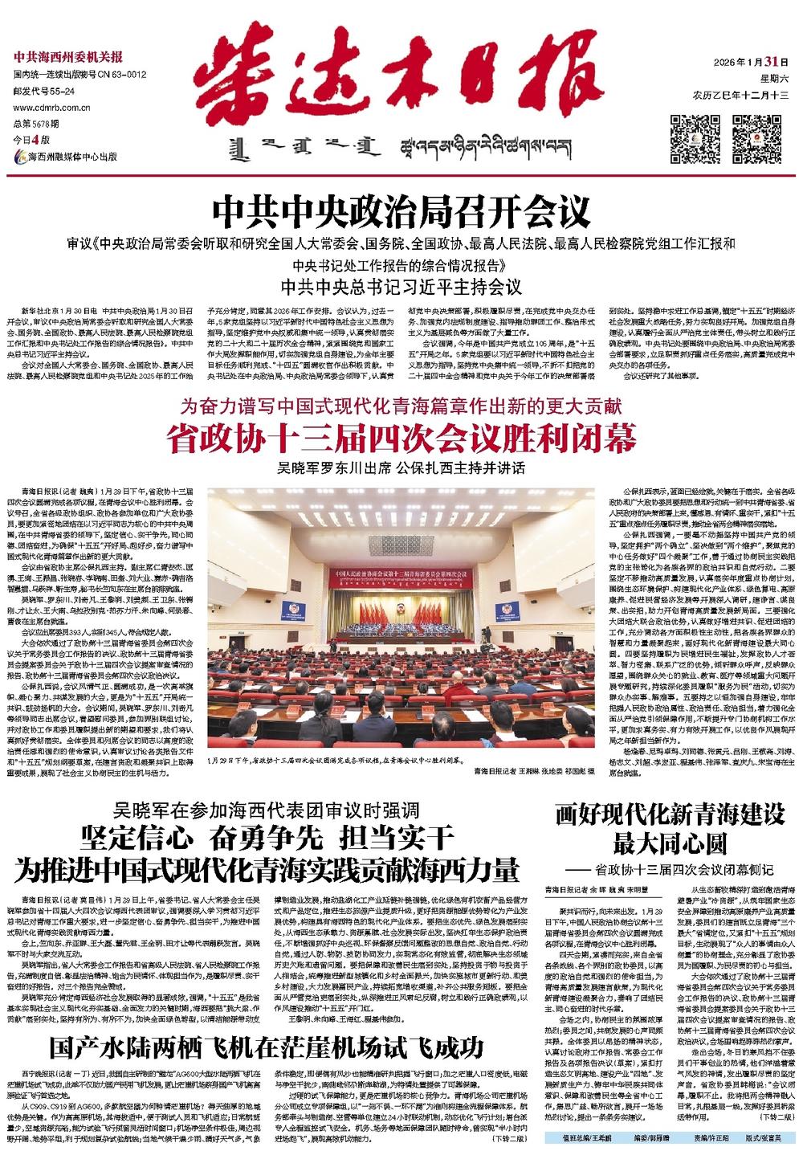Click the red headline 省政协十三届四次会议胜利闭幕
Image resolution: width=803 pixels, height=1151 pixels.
[x=401, y=440]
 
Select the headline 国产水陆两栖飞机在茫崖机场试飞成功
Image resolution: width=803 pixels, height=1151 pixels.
[x=266, y=1047]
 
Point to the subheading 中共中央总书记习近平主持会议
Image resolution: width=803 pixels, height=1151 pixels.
[x=401, y=286]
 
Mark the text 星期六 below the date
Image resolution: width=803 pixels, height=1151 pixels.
[x=774, y=80]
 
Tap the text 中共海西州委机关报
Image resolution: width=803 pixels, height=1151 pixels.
[x=68, y=58]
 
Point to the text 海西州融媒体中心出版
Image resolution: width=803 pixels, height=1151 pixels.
[x=73, y=157]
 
